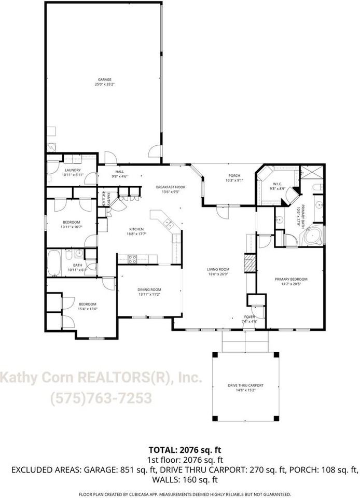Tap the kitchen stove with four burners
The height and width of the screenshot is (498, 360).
pyautogui.click(x=132, y=258)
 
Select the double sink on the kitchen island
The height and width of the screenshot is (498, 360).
pyautogui.click(x=169, y=224)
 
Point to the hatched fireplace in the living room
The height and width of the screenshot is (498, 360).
pyautogui.click(x=250, y=263)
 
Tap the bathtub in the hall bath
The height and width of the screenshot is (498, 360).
pyautogui.click(x=54, y=264)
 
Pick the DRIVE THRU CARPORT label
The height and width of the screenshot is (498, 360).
pyautogui.click(x=246, y=385)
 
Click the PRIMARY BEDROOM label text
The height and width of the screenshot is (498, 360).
pyautogui.click(x=291, y=279)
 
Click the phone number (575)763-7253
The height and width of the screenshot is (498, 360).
pyautogui.click(x=101, y=398)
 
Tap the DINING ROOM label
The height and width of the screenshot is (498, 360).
pyautogui.click(x=149, y=289)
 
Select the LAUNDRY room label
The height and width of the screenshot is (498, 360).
pyautogui.click(x=72, y=170)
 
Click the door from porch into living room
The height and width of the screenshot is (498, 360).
pyautogui.click(x=222, y=212)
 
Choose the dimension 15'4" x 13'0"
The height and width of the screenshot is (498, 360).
pyautogui.click(x=88, y=309)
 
